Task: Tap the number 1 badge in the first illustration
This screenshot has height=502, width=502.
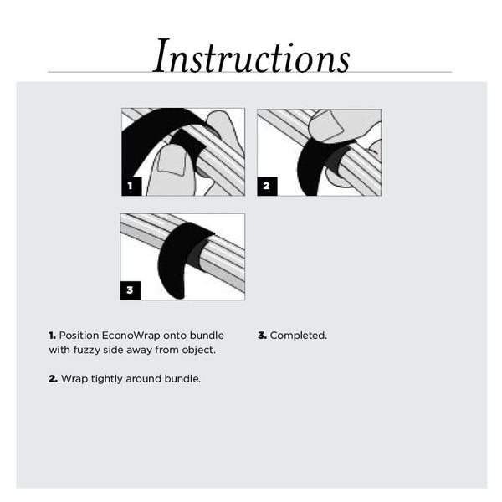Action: coord(131,186)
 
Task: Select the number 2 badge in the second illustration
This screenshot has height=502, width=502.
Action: coord(266,186)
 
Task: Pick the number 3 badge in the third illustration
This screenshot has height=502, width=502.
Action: coord(130,290)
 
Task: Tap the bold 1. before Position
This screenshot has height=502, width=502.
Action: coord(52,336)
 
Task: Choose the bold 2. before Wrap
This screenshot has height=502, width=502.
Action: coord(53,379)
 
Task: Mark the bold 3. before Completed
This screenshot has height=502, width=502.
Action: coord(262,336)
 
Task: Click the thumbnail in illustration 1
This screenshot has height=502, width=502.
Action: coord(172,161)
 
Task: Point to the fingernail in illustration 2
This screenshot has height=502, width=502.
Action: coord(327,128)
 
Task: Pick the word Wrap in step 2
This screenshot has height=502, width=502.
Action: coord(73,379)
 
